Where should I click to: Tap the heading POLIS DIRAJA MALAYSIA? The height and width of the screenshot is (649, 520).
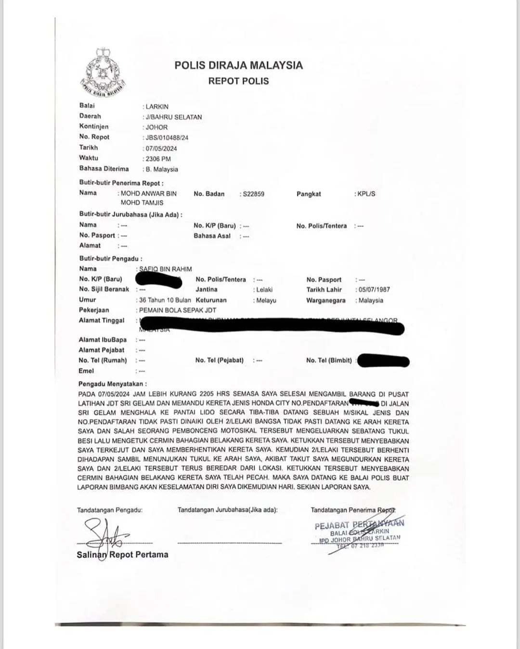(x=238, y=65)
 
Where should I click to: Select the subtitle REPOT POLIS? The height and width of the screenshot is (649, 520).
(x=238, y=81)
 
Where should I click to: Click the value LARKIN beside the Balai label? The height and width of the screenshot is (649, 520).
(x=157, y=107)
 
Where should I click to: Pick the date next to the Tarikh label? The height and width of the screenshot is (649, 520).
(x=161, y=149)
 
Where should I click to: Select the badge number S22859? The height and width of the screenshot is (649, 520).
(x=253, y=194)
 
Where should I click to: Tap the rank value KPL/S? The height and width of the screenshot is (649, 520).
(x=366, y=194)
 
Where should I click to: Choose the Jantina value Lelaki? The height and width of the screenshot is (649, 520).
(x=264, y=290)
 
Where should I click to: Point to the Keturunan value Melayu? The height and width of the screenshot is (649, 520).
(x=266, y=300)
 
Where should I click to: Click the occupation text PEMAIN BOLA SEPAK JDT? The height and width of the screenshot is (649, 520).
(x=177, y=311)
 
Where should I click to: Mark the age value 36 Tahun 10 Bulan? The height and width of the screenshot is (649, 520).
(x=165, y=300)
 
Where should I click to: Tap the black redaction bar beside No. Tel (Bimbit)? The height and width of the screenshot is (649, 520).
(x=384, y=361)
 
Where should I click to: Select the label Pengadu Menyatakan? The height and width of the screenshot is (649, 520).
(x=112, y=384)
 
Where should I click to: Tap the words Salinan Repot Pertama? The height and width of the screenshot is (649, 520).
(x=122, y=555)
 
